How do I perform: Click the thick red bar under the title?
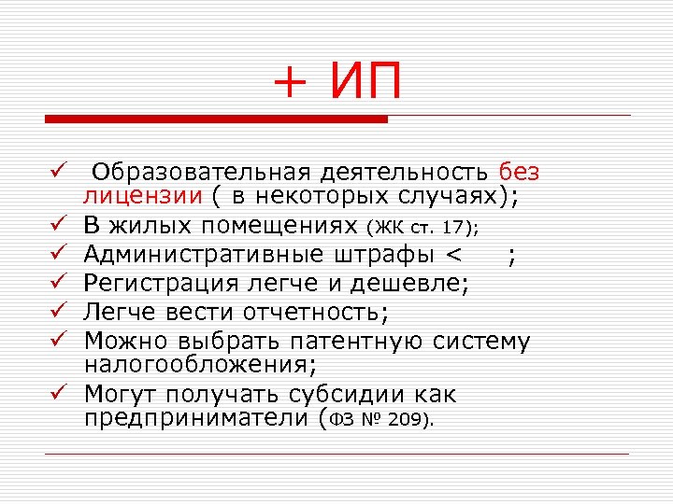[216, 119]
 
